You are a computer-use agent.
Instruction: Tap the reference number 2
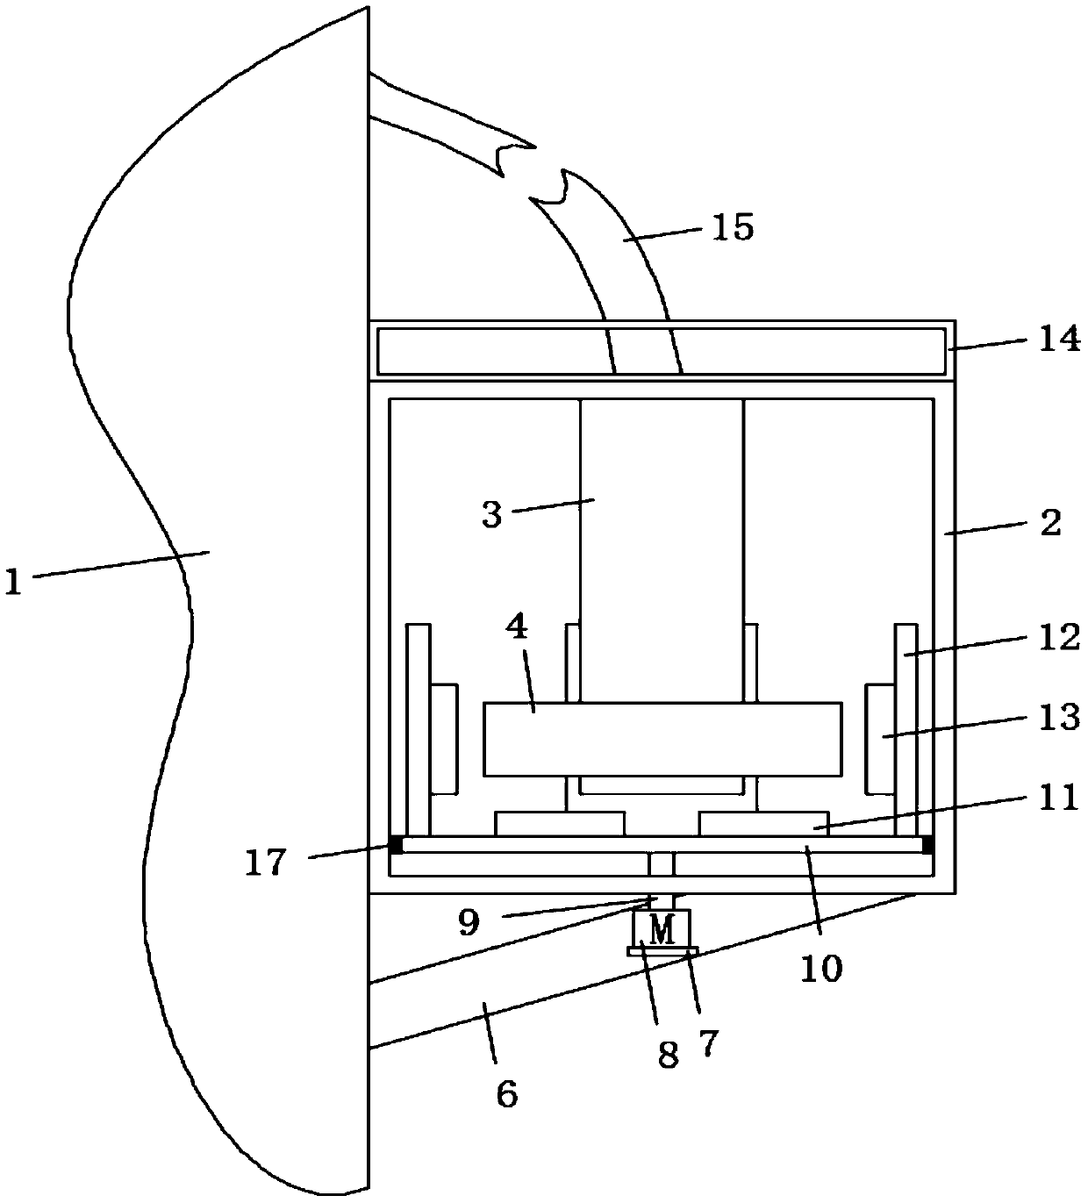pyautogui.click(x=1049, y=524)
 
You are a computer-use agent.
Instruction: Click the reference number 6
pyautogui.click(x=506, y=1094)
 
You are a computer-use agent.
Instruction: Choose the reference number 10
pyautogui.click(x=821, y=968)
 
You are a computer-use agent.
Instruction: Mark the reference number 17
pyautogui.click(x=264, y=863)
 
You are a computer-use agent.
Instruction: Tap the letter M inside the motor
pyautogui.click(x=663, y=928)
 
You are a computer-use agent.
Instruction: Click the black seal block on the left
pyautogui.click(x=396, y=845)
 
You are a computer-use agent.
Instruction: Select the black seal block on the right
pyautogui.click(x=927, y=845)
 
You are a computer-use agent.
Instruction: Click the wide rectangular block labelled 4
pyautogui.click(x=662, y=739)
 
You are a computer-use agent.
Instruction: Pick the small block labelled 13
pyautogui.click(x=880, y=737)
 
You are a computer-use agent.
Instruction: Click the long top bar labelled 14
pyautogui.click(x=661, y=351)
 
